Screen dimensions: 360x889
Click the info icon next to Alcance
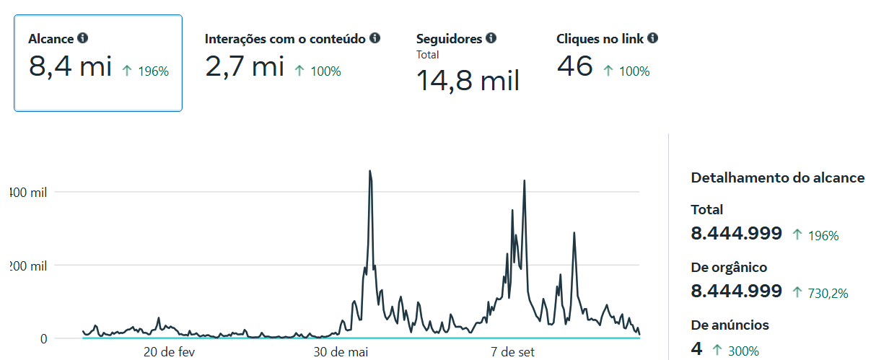click(83, 38)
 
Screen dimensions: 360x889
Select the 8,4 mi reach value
click(70, 67)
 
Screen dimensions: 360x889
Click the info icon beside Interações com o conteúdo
click(375, 38)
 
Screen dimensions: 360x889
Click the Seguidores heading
click(450, 38)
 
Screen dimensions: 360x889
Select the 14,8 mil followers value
click(468, 79)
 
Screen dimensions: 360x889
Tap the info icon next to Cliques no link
click(653, 38)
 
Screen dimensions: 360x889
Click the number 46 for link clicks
click(574, 67)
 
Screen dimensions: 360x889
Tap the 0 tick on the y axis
click(44, 338)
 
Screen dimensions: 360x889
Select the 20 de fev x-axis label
click(170, 352)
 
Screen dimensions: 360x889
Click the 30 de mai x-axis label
click(341, 352)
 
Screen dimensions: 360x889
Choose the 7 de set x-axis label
click(513, 352)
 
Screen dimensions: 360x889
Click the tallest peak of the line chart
click(370, 172)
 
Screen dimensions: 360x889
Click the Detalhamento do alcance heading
click(777, 177)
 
